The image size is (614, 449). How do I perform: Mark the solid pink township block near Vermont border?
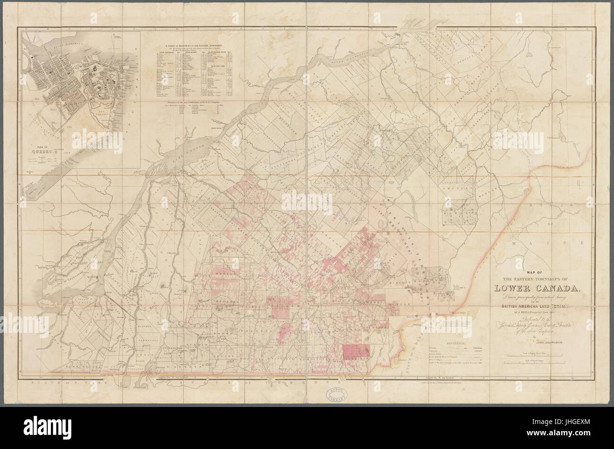coord(357,352)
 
